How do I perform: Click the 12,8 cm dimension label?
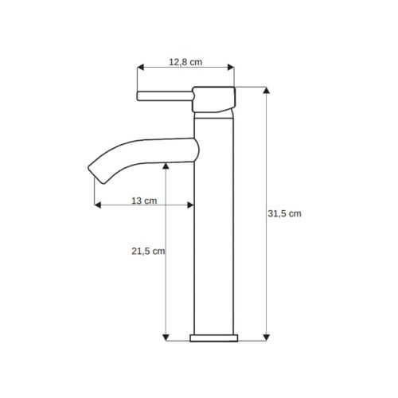185,62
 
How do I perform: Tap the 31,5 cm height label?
284,213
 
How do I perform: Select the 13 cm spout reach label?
144,201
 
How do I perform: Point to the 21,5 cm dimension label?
148,251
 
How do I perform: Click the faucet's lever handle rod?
165,96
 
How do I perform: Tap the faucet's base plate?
214,338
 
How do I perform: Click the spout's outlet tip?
96,174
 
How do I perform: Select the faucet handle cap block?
214,99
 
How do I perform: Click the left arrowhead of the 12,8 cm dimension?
140,67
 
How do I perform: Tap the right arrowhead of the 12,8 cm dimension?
231,67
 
